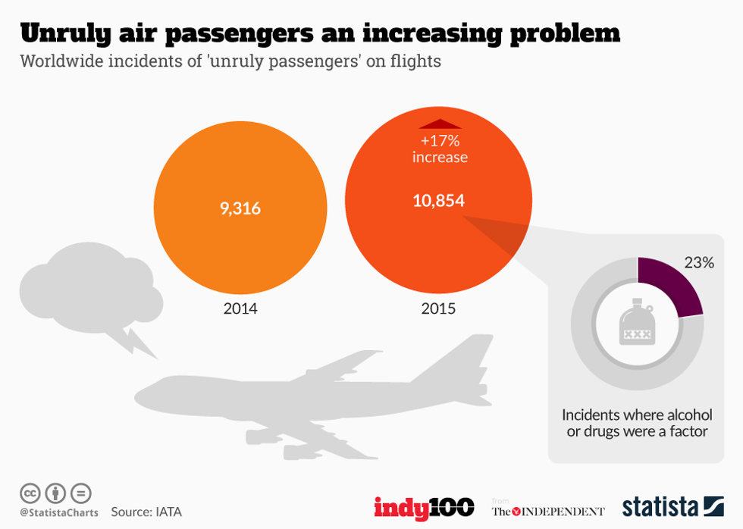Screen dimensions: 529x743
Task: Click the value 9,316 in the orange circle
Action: (x=240, y=208)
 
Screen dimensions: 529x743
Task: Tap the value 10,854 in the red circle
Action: (x=438, y=201)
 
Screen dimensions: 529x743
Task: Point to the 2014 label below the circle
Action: (x=240, y=309)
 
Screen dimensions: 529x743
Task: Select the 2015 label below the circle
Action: (x=438, y=309)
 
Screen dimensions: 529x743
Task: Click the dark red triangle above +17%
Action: (x=440, y=124)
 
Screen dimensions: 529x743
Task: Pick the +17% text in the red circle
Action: (x=440, y=141)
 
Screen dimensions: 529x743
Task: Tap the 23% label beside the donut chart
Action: (x=699, y=263)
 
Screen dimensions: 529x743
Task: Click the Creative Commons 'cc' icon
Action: (x=30, y=493)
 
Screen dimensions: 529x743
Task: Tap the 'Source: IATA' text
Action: (x=146, y=512)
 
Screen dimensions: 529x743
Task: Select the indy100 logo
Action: (x=424, y=507)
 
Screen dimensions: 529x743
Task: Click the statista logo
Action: (x=672, y=506)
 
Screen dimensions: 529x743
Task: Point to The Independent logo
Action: (x=548, y=510)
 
